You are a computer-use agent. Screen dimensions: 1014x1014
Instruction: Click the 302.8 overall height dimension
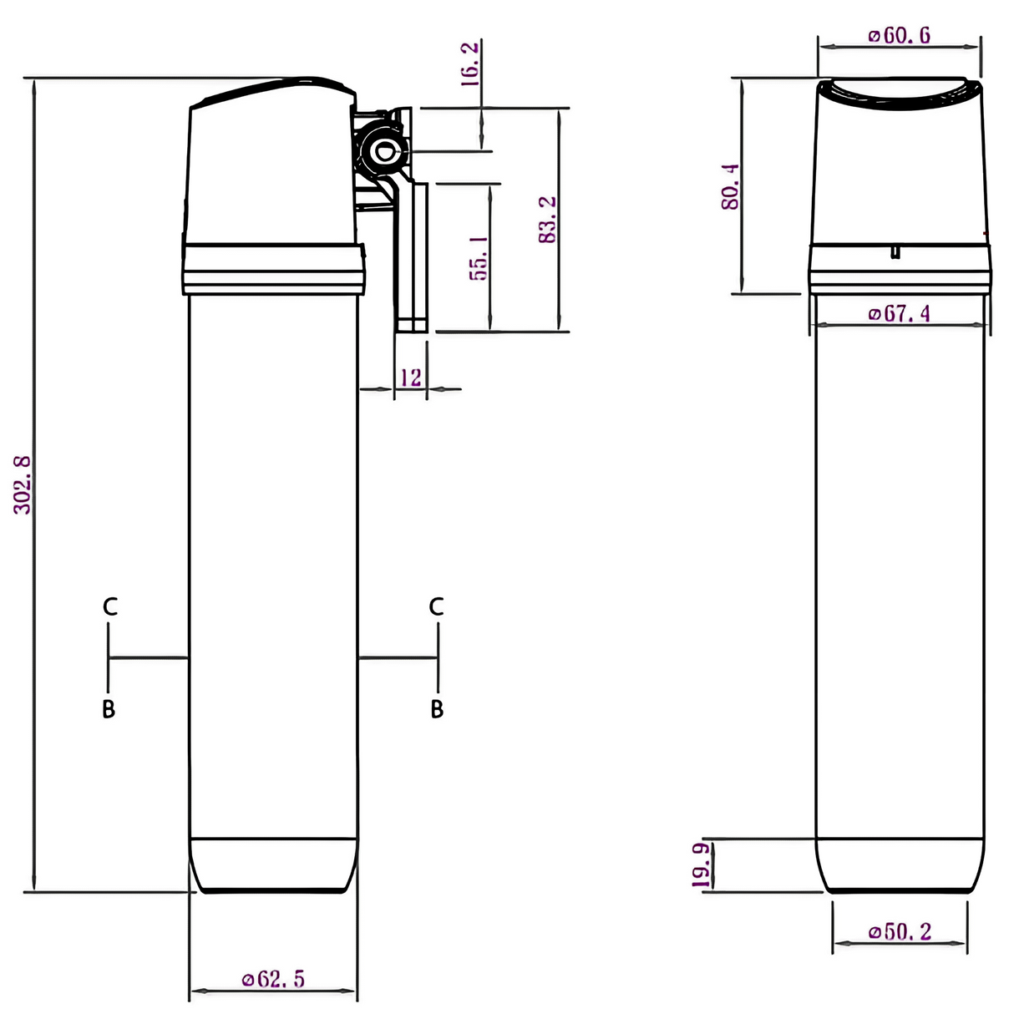(x=23, y=484)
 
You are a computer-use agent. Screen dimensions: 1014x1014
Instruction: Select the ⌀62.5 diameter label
(x=273, y=979)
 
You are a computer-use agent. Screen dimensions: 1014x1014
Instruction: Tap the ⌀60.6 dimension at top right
(x=899, y=35)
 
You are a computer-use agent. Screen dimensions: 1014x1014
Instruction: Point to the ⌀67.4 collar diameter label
(x=899, y=313)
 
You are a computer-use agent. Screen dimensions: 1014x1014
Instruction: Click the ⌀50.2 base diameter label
(x=900, y=931)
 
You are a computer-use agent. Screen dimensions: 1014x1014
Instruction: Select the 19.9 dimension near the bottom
(x=702, y=865)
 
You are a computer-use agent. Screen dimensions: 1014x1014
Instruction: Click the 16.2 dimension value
(x=471, y=64)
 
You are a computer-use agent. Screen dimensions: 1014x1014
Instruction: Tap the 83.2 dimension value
(x=548, y=220)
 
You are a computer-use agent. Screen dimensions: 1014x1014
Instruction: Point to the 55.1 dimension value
(x=479, y=256)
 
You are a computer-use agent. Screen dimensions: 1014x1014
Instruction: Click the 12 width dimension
(x=410, y=378)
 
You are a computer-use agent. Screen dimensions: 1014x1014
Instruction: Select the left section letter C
(x=109, y=607)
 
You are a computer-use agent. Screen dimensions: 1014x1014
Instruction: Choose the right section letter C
(x=436, y=607)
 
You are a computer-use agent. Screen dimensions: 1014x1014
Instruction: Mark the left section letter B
(x=109, y=709)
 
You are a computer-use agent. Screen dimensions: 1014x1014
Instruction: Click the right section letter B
(x=437, y=709)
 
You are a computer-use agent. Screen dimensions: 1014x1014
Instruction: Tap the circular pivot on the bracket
(x=385, y=152)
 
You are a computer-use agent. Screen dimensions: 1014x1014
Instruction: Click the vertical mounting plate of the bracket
(x=411, y=259)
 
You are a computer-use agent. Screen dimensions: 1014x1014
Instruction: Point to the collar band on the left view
(x=273, y=268)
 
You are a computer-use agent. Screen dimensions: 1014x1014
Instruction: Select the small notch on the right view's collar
(x=895, y=251)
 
